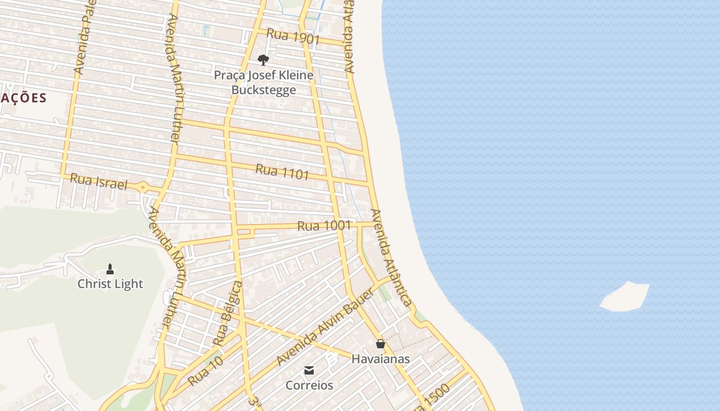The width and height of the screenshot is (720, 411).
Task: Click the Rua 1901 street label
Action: [x=294, y=36]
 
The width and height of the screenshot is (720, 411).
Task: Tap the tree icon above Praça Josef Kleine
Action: [x=263, y=60]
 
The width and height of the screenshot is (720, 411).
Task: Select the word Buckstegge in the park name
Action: [x=263, y=90]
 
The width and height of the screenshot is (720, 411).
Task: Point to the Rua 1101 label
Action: [x=282, y=172]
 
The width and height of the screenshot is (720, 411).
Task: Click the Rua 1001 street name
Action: [x=324, y=226]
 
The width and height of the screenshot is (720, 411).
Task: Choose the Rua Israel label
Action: [x=98, y=181]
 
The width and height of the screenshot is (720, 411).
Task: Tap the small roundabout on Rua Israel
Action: [x=142, y=188]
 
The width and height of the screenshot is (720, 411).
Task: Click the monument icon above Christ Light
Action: [x=110, y=269]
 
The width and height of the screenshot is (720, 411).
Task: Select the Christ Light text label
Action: [x=110, y=284]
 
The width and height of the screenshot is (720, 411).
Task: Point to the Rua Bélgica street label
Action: [x=227, y=313]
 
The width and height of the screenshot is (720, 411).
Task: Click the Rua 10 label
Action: [x=206, y=371]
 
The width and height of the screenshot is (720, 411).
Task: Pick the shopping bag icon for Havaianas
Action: [x=381, y=344]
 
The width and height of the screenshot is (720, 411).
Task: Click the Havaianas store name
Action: [x=381, y=359]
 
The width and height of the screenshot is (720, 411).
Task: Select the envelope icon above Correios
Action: [x=309, y=370]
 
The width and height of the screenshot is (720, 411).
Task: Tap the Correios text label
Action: [x=309, y=385]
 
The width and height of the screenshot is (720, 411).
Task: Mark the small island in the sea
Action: [x=624, y=297]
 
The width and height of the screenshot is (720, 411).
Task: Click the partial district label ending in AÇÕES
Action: [x=24, y=98]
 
